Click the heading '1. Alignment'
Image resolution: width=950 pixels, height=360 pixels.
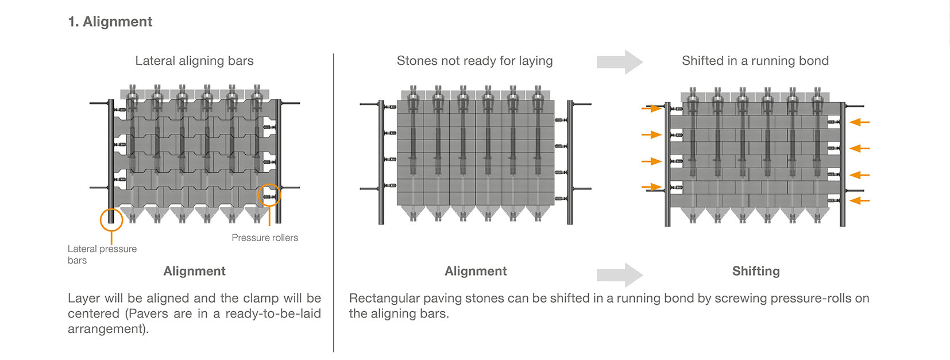[110, 22]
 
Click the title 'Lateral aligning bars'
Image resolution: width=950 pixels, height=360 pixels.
[194, 61]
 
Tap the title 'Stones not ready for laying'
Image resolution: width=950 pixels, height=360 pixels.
[474, 61]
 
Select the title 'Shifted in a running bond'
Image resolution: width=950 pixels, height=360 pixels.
[755, 61]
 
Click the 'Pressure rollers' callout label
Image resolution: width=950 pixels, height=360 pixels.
[265, 238]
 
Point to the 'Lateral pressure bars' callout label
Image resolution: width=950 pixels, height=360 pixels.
[102, 254]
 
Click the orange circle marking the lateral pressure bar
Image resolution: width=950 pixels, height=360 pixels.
[111, 219]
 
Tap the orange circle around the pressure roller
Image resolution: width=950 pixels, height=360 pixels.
[269, 196]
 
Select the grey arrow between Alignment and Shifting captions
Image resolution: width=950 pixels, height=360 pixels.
[619, 275]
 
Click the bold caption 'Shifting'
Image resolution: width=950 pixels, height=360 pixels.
[755, 271]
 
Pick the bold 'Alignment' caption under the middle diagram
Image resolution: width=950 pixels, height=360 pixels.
[476, 271]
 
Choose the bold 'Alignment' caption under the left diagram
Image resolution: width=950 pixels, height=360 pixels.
[194, 271]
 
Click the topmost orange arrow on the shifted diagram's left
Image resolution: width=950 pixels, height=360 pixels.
[651, 108]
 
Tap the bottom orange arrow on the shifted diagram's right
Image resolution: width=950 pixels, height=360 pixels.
[859, 200]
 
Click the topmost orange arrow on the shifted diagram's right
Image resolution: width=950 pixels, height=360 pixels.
[859, 122]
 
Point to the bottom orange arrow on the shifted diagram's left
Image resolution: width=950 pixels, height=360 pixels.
[651, 187]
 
